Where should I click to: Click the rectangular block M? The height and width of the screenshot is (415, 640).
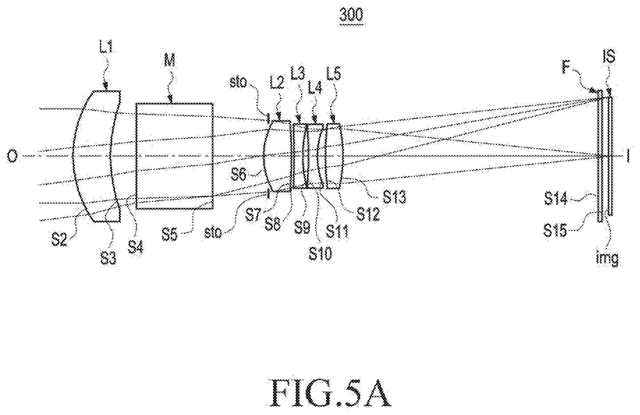[174, 156]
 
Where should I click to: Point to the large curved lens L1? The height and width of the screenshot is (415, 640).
[96, 156]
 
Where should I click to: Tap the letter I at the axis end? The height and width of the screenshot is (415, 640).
[628, 156]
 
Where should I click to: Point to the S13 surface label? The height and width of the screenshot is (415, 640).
[394, 198]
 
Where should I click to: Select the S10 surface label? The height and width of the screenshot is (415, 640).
[321, 254]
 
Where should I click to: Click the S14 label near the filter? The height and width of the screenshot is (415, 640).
[556, 199]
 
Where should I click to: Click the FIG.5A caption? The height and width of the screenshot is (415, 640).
[330, 393]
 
